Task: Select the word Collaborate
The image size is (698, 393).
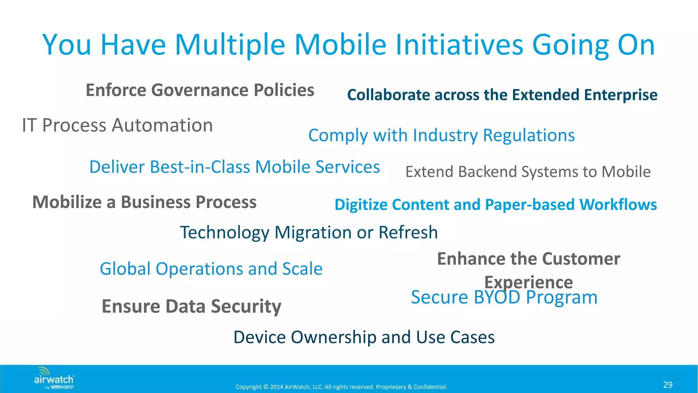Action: coord(388,95)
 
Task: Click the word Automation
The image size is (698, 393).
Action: coord(162,125)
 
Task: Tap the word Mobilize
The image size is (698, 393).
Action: coord(67,202)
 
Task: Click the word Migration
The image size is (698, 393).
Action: coord(313,233)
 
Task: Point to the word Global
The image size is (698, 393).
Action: coord(125,269)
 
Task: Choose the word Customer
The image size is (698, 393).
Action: coord(581,259)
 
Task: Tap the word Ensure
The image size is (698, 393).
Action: coord(131,306)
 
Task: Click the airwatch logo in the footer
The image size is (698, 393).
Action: coord(54,378)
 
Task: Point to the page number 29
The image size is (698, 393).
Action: coord(668,385)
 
